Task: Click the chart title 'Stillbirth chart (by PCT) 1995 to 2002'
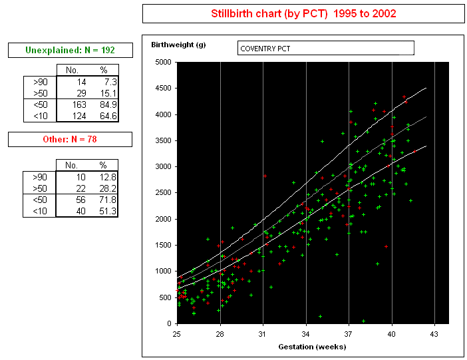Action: [x=303, y=14]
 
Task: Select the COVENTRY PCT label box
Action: [x=326, y=48]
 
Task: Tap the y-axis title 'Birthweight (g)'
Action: [x=178, y=45]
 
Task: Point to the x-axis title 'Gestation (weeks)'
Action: [x=312, y=347]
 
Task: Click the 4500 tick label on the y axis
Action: [x=163, y=89]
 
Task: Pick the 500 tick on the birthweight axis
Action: [x=165, y=297]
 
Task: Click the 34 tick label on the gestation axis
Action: [x=305, y=334]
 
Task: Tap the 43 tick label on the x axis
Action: [x=434, y=334]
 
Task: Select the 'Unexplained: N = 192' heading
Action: [x=71, y=50]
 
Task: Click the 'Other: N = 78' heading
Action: [x=70, y=139]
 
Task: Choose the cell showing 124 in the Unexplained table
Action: [x=79, y=116]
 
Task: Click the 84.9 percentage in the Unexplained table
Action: [x=108, y=104]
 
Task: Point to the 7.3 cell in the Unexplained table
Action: [x=111, y=82]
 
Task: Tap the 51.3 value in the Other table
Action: [x=108, y=211]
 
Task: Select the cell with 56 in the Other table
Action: [x=80, y=200]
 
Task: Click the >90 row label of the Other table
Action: [x=40, y=177]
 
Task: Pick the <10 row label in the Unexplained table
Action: [x=41, y=116]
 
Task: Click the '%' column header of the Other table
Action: [x=103, y=165]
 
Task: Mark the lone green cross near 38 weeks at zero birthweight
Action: [x=364, y=321]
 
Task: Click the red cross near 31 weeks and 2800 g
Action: [x=265, y=176]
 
